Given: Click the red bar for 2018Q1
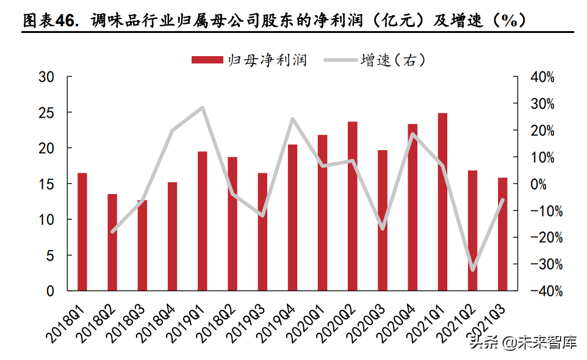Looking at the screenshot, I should point(82,232).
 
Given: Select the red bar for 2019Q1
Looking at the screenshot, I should point(202,221).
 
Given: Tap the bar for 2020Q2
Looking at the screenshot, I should point(353,206).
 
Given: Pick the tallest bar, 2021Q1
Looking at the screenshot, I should point(442,202).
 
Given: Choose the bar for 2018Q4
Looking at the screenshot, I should point(172,236).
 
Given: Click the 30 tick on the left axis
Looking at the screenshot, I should point(47,77).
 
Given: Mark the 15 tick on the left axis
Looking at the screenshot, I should point(47,184).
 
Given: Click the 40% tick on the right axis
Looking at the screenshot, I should point(542,77).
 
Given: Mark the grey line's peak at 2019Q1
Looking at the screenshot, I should point(202,108).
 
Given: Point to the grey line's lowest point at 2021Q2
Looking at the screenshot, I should point(472,270).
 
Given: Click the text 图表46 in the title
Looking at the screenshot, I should point(51,21).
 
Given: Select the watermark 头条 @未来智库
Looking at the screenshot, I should point(522,342).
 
